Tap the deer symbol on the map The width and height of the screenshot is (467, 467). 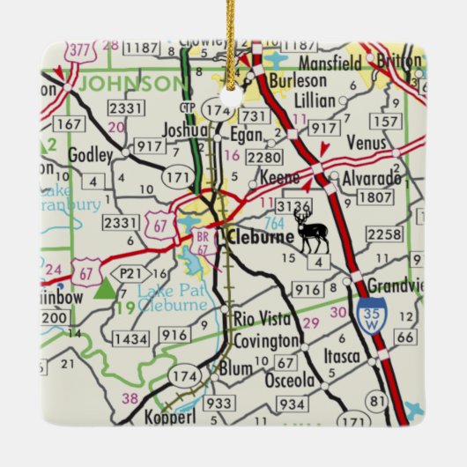tap(311, 233)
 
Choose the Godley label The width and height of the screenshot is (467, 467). tap(97, 155)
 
